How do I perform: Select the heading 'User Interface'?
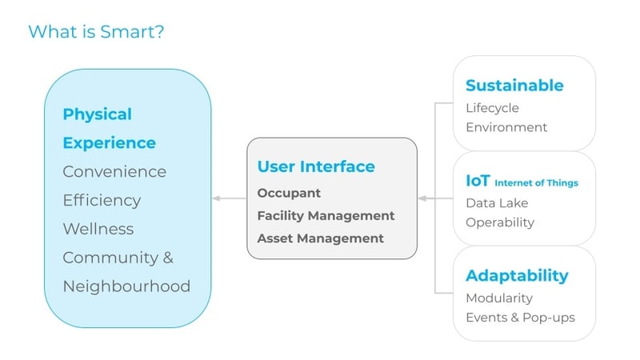(x=316, y=166)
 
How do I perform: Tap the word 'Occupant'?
(x=289, y=193)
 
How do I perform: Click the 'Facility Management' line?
(x=326, y=215)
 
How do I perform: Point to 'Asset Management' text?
(x=320, y=238)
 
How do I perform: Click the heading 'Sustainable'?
(x=514, y=86)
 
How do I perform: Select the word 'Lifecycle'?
(x=492, y=107)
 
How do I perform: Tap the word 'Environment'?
(x=506, y=127)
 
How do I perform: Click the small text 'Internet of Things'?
(x=536, y=183)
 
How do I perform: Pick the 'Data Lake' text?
(x=496, y=203)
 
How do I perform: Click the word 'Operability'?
(x=500, y=222)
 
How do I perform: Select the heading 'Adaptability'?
(x=517, y=276)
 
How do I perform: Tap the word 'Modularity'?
(x=499, y=298)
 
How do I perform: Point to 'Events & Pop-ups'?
(x=520, y=317)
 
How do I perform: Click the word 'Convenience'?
(x=114, y=171)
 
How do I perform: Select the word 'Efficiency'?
(x=102, y=200)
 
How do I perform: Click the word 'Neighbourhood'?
(x=126, y=286)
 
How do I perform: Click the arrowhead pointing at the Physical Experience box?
(x=216, y=198)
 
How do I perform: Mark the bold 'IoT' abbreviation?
(x=478, y=181)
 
